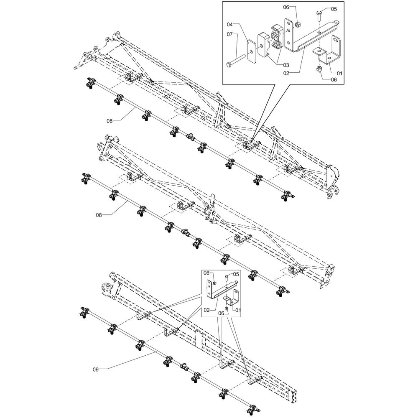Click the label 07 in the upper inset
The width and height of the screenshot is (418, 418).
click(x=230, y=34)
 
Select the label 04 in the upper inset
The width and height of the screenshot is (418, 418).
click(x=230, y=25)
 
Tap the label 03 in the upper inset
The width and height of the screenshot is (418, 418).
click(x=286, y=65)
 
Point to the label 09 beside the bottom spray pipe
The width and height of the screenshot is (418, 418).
click(x=96, y=369)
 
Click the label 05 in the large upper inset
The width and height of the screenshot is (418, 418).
click(x=334, y=9)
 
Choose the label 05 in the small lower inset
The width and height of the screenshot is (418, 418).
click(x=236, y=274)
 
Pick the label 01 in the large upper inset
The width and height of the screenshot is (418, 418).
click(x=339, y=73)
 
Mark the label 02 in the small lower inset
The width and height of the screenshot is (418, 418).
click(x=207, y=310)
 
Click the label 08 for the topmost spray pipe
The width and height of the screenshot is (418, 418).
click(x=110, y=121)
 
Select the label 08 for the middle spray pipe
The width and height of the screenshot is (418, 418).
click(x=99, y=215)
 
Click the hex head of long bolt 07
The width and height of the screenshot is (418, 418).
click(x=229, y=64)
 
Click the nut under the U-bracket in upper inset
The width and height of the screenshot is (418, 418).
click(x=318, y=69)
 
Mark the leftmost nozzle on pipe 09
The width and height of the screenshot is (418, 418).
click(x=85, y=312)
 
